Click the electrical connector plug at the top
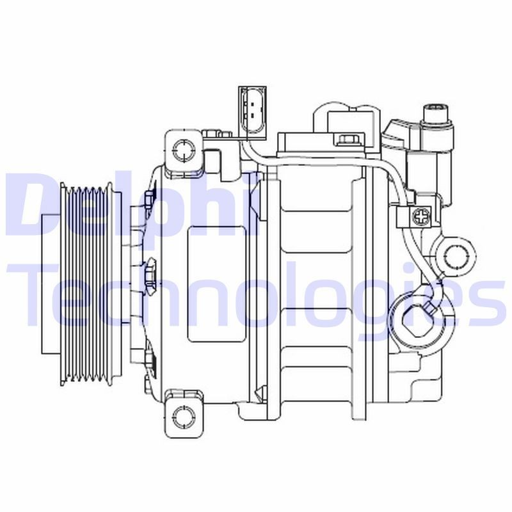[x=253, y=111]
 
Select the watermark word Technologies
[x=256, y=298]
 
